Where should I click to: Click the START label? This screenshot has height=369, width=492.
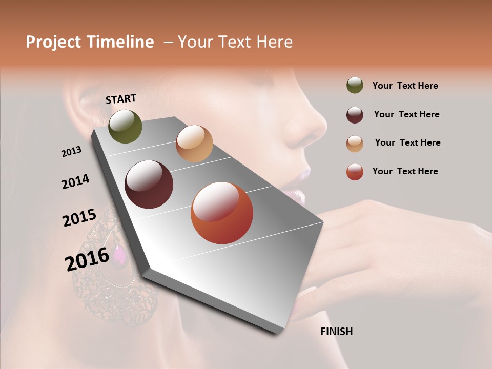(x=121, y=99)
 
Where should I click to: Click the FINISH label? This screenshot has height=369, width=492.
(x=336, y=332)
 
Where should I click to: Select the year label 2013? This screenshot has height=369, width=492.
(x=72, y=151)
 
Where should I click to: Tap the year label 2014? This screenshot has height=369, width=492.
(x=76, y=182)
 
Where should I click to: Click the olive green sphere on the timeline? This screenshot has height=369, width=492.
(x=125, y=126)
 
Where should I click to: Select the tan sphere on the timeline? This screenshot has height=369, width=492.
(x=194, y=143)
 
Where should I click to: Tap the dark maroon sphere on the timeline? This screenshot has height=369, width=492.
(x=149, y=184)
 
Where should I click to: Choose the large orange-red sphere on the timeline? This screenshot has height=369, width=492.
(x=222, y=213)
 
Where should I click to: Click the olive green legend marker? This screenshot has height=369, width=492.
(x=355, y=86)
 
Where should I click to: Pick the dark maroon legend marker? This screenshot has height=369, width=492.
(x=355, y=114)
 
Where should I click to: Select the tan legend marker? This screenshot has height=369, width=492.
(x=355, y=143)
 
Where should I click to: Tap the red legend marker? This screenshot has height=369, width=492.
(x=355, y=172)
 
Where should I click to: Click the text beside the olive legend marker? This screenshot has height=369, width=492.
(x=405, y=86)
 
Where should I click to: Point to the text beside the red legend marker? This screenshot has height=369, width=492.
(x=405, y=171)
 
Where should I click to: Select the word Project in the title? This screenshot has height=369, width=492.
(x=53, y=42)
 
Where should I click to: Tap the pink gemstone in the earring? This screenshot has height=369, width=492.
(x=119, y=254)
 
